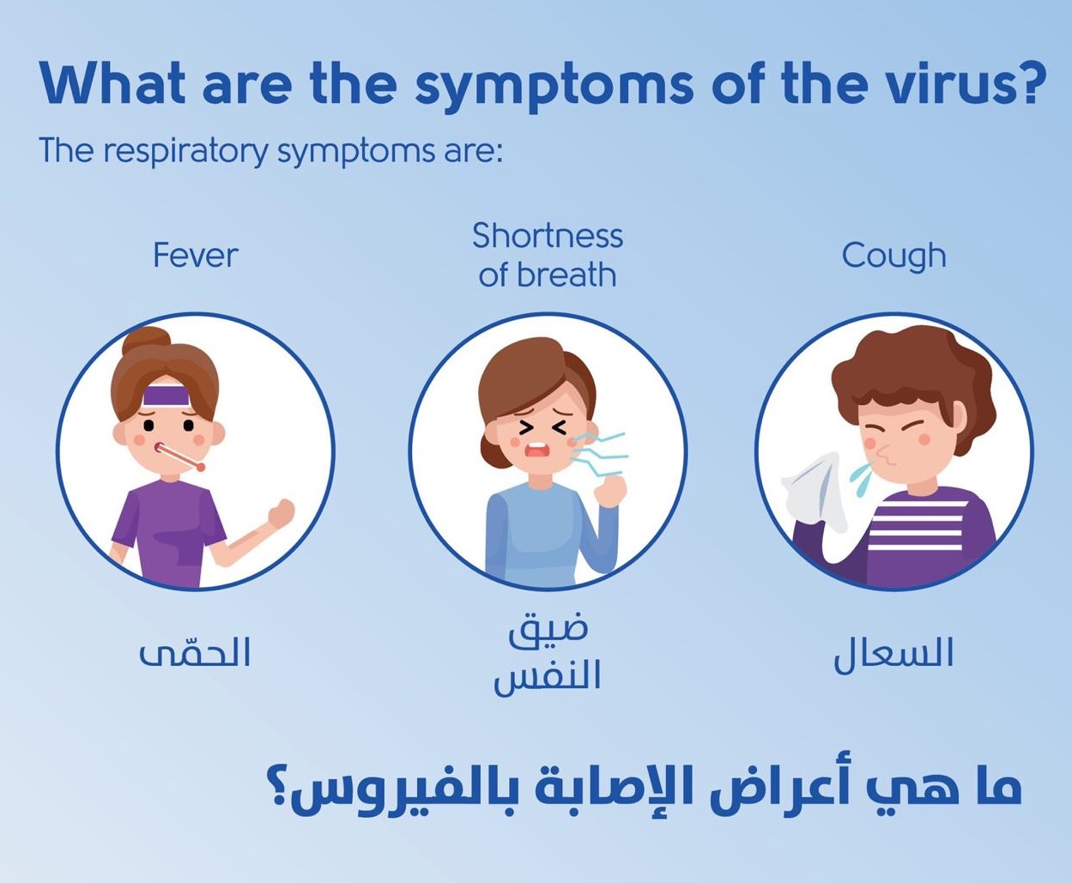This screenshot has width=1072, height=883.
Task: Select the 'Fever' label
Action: tap(196, 255)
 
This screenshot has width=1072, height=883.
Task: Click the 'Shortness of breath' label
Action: tap(548, 255)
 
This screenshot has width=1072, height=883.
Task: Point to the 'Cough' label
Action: tap(893, 257)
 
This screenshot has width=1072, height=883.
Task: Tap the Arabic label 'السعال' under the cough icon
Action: tap(893, 655)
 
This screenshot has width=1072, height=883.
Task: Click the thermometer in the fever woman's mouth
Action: tap(179, 457)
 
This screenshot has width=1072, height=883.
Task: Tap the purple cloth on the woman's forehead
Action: tap(167, 396)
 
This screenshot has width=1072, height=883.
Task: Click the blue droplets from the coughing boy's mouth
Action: tap(862, 479)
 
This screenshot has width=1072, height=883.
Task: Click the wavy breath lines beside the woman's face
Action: tap(600, 454)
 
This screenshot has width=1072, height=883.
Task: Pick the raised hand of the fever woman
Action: tap(281, 513)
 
